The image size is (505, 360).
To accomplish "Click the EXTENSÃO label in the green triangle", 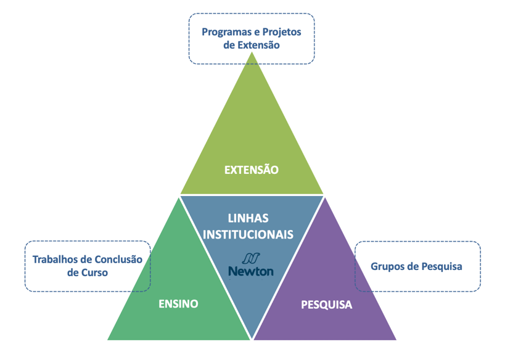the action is (x=251, y=170).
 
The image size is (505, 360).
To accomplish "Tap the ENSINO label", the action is (x=178, y=304).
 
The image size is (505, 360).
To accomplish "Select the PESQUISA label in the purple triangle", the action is (x=327, y=305).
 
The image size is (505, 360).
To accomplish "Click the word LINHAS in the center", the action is (x=248, y=218).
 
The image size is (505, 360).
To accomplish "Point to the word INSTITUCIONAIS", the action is (x=248, y=234).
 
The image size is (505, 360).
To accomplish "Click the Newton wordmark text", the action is (x=251, y=271).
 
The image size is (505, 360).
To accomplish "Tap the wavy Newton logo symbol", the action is (x=251, y=258).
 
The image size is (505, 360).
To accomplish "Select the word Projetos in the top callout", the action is (x=282, y=32).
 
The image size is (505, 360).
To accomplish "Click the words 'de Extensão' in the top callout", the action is (x=252, y=45).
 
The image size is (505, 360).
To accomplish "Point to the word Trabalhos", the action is (x=54, y=260).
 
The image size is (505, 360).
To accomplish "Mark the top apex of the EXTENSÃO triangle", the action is (x=252, y=52).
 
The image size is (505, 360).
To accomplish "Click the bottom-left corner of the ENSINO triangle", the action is (x=107, y=340).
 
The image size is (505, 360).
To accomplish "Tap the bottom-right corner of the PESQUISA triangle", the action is (x=396, y=340).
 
